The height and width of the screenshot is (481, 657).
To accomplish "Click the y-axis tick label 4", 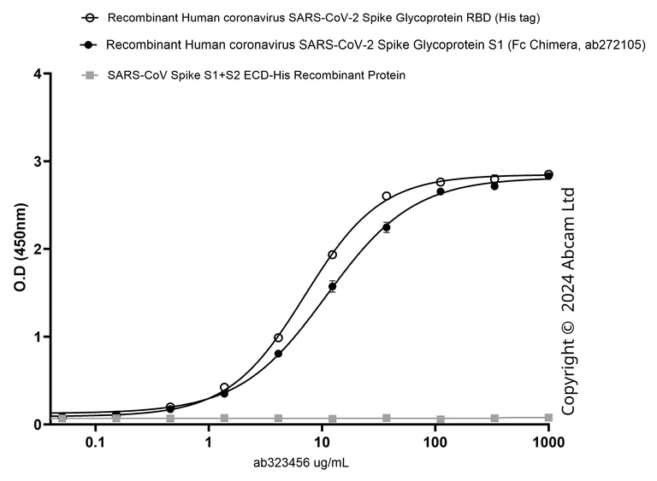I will (37, 74).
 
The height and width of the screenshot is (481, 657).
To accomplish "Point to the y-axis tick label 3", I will (37, 161).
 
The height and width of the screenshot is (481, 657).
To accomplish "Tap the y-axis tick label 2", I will (37, 249).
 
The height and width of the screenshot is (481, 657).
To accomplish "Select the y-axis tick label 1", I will (37, 337).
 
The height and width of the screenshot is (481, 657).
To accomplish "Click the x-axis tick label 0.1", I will (95, 443).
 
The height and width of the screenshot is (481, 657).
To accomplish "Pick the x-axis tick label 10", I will (321, 443).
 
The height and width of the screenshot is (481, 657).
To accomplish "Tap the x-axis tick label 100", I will (435, 443).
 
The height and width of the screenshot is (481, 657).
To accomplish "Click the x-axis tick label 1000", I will (547, 443).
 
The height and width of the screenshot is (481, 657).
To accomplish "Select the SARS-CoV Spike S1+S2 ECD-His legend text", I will (257, 76).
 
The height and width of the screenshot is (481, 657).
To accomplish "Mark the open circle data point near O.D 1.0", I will (278, 338).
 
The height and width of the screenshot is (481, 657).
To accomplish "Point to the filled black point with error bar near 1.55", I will (332, 287).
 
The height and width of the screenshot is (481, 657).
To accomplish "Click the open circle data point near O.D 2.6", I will (387, 196).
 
